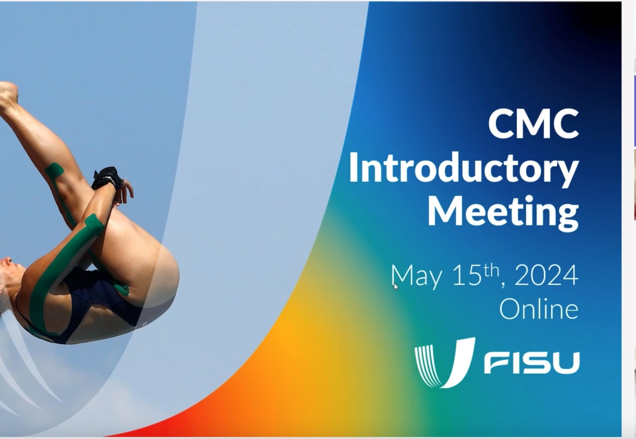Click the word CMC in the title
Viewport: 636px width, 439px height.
(534, 124)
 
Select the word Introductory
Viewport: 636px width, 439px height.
(464, 169)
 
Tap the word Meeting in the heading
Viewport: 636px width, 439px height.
(503, 212)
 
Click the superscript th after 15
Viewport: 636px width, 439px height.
(491, 270)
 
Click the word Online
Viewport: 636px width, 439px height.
(538, 309)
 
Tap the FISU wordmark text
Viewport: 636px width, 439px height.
(532, 363)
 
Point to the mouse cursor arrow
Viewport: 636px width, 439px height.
(396, 287)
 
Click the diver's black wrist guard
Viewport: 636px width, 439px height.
(107, 178)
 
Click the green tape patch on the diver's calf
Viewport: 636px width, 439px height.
(54, 170)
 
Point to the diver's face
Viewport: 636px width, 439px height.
(10, 272)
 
